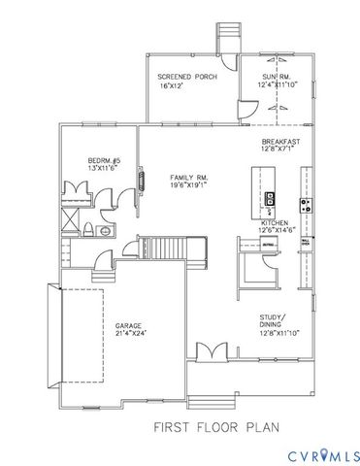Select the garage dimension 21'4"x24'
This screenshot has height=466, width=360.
pyautogui.click(x=132, y=334)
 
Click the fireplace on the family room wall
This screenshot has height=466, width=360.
pyautogui.click(x=143, y=182)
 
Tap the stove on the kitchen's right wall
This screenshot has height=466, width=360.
pyautogui.click(x=307, y=205)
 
